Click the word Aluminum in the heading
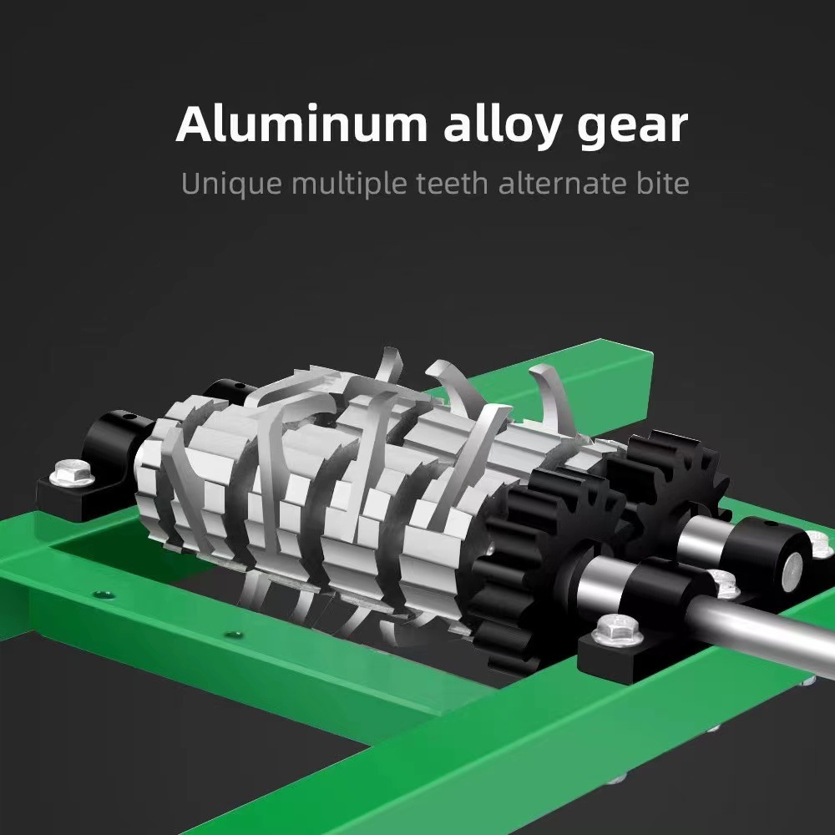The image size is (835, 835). coord(301,124)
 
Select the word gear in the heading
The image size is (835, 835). coord(633,129)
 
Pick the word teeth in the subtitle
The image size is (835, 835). coord(452,183)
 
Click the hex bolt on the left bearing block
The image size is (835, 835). coord(72,472)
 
